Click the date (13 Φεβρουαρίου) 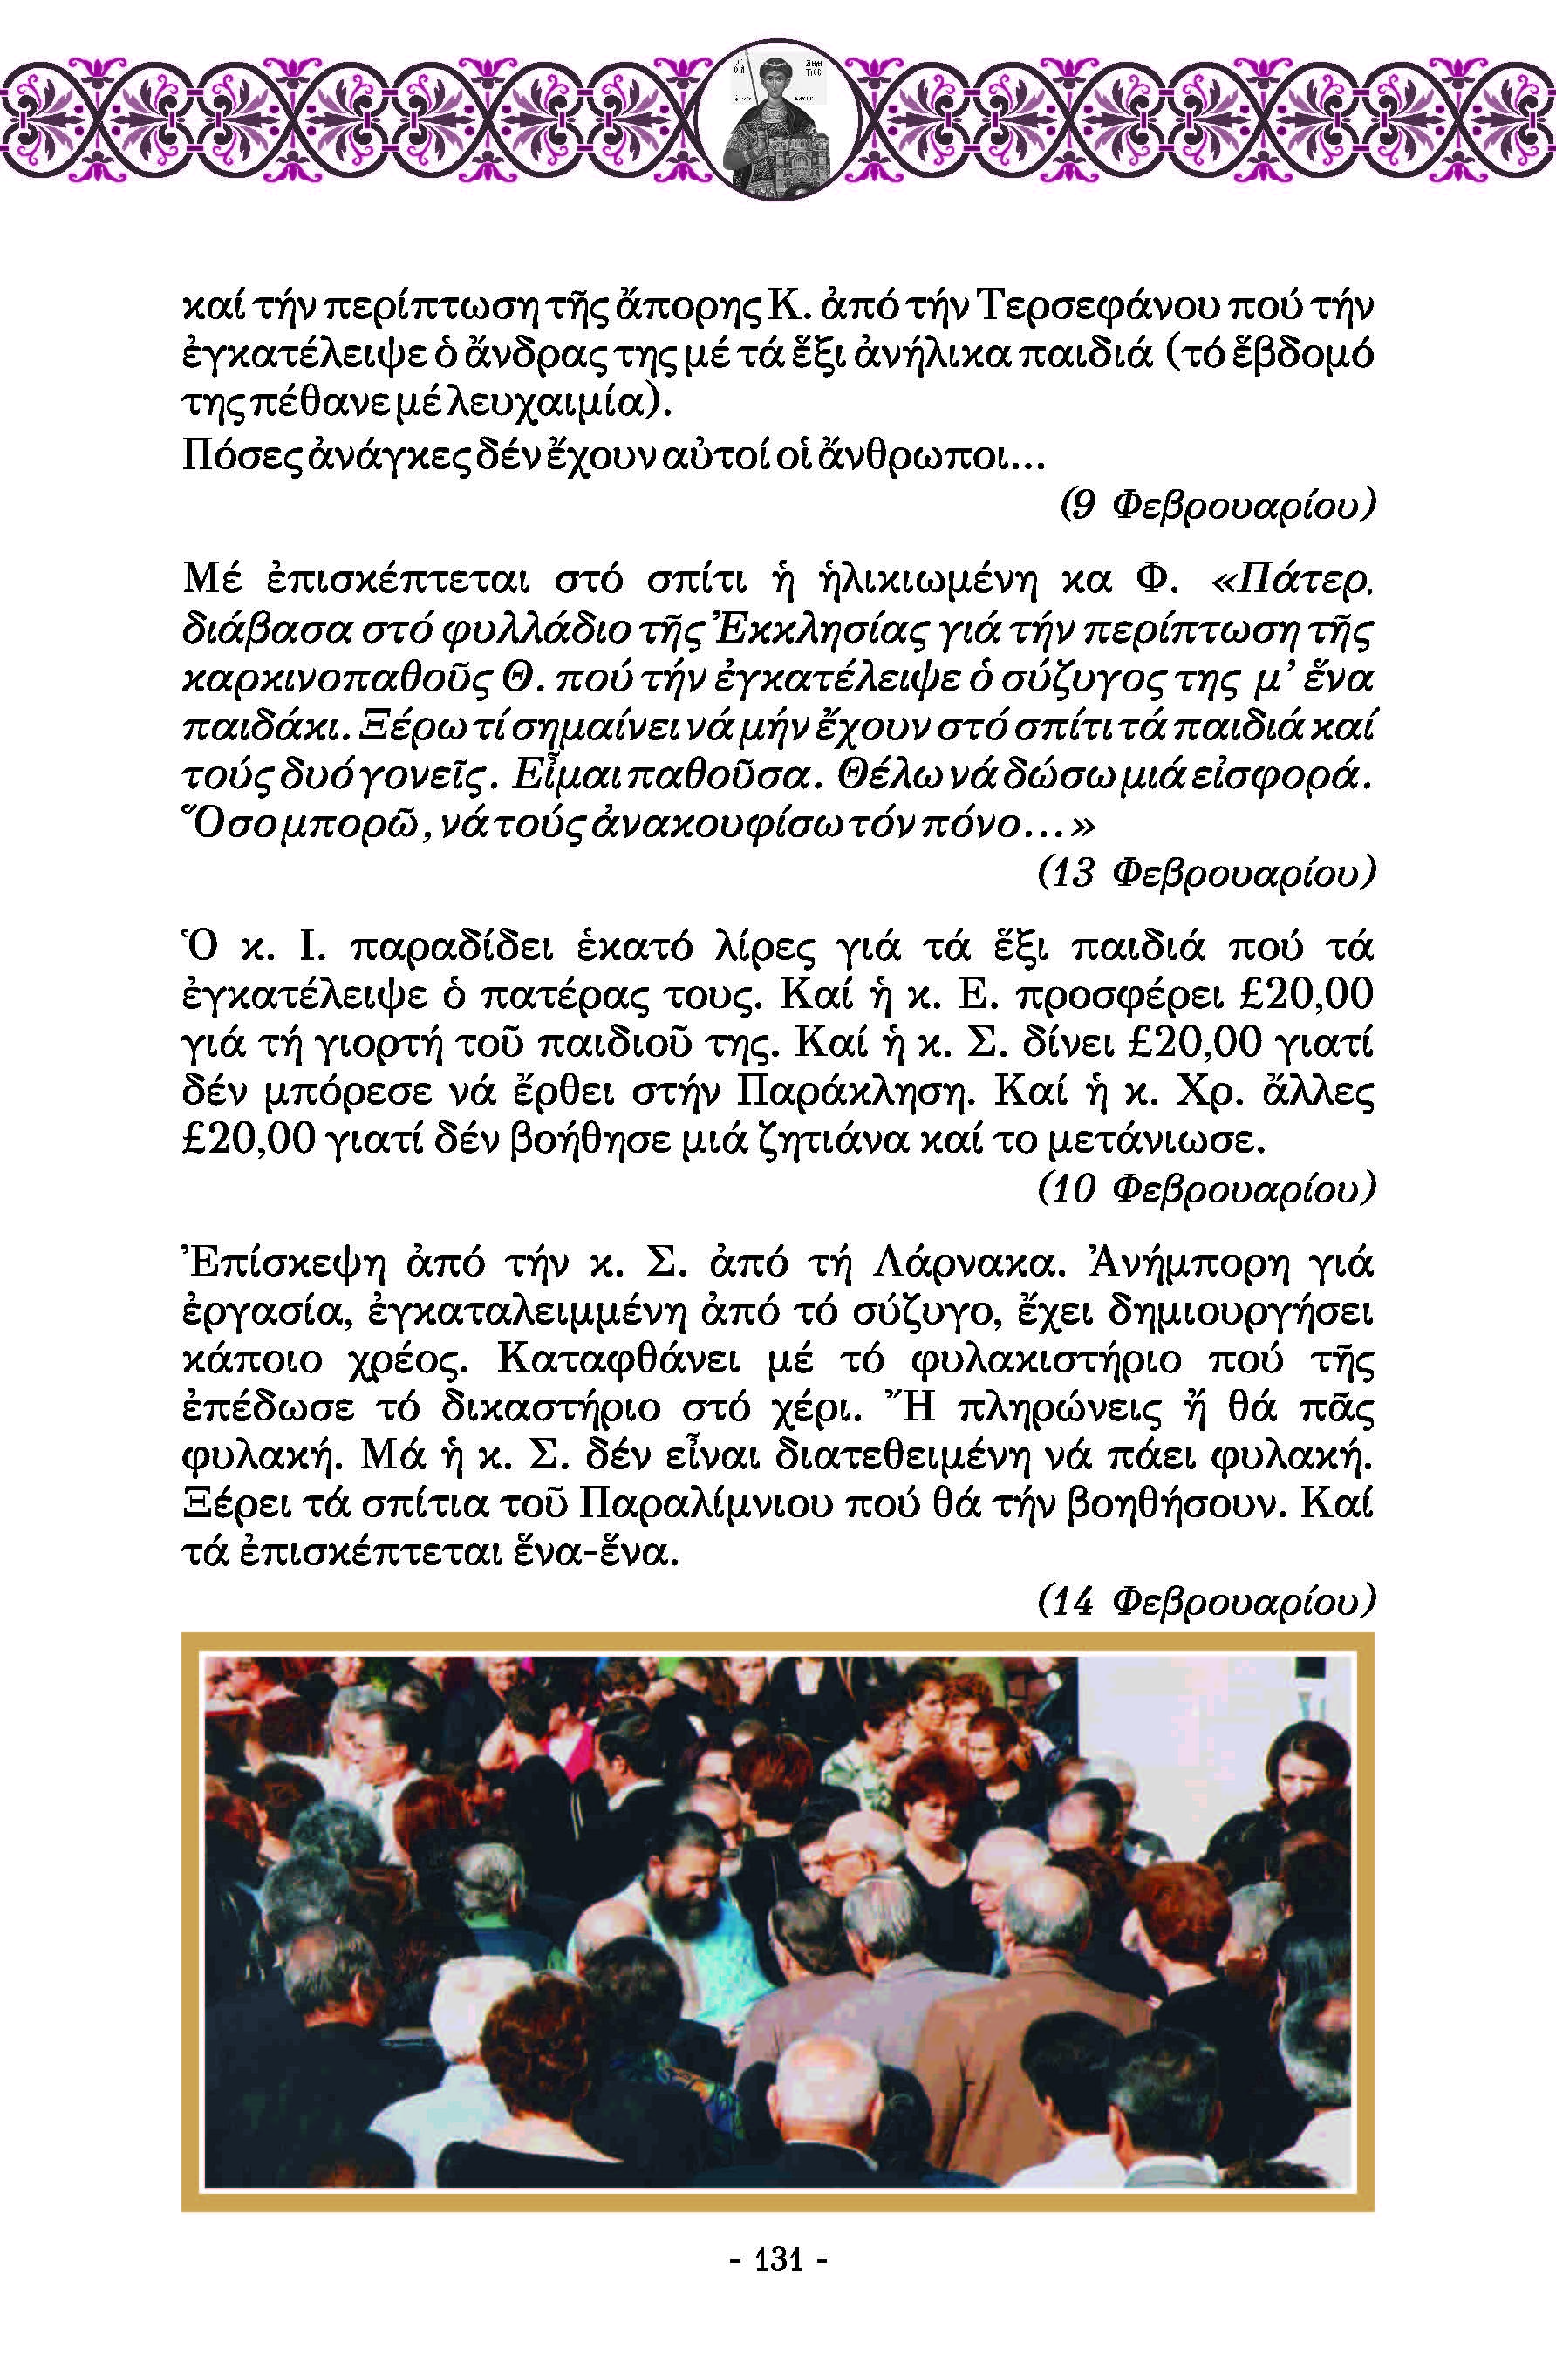tap(1206, 873)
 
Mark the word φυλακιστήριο tap(1047, 1360)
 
